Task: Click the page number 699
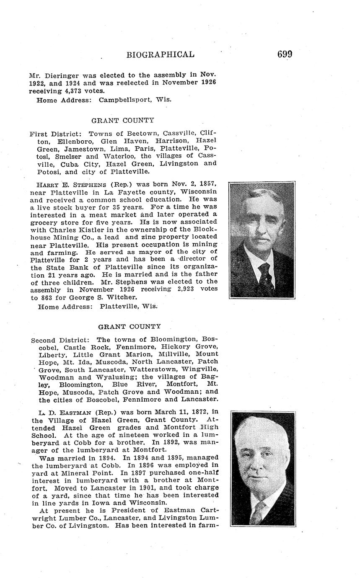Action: [284, 54]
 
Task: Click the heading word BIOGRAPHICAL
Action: [160, 54]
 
